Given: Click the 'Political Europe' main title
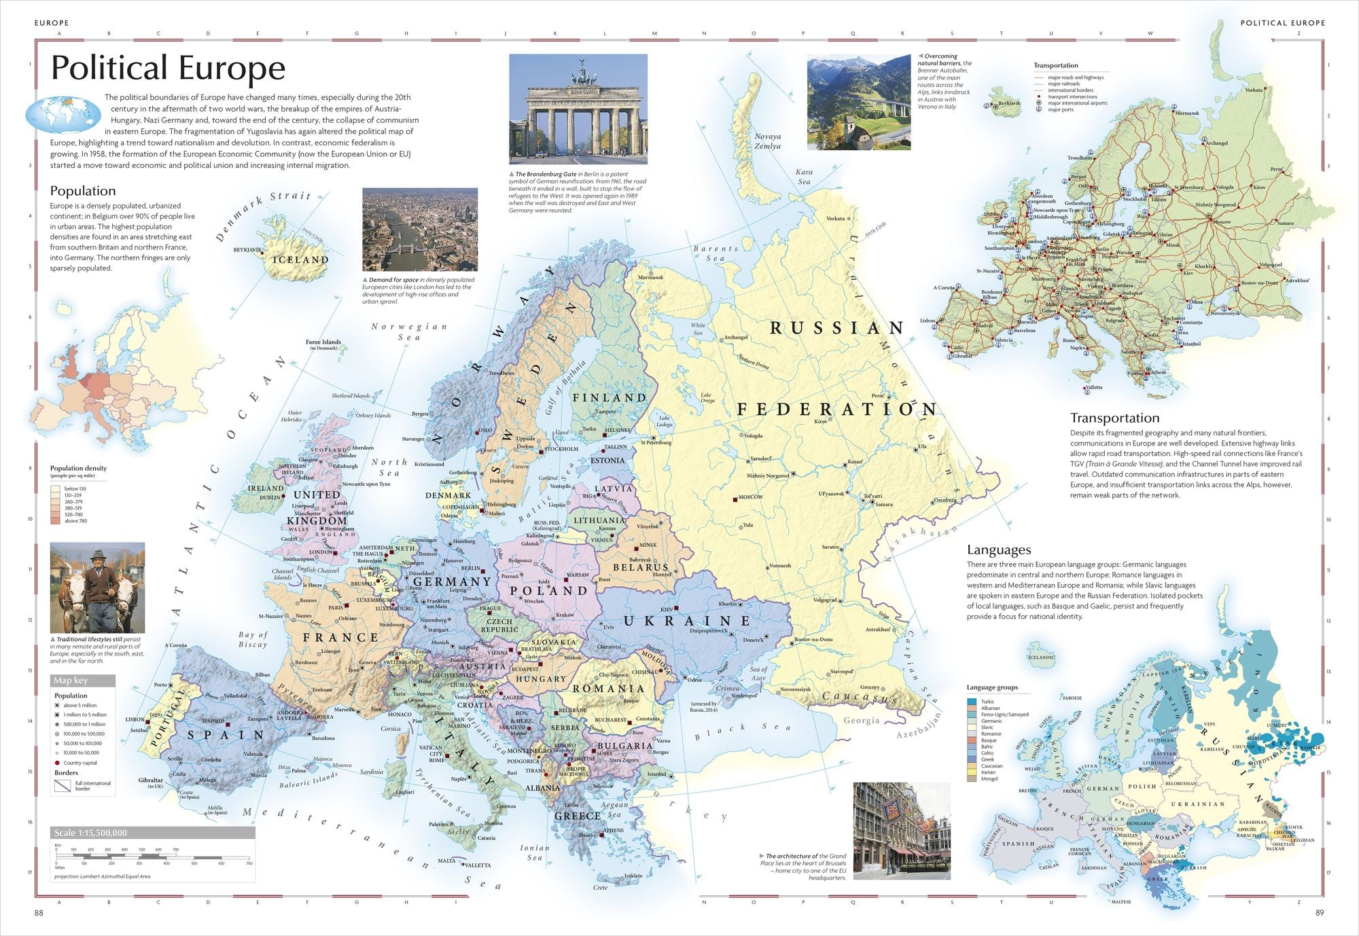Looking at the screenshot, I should (x=168, y=68).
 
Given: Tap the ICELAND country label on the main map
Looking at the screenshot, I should (x=300, y=259).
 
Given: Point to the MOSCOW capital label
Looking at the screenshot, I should (x=751, y=497).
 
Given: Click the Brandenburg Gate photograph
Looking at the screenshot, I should (x=578, y=109).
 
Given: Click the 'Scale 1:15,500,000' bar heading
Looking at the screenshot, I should (x=91, y=833).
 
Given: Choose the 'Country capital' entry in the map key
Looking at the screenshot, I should (x=81, y=763).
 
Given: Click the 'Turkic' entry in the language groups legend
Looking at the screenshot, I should (x=987, y=702).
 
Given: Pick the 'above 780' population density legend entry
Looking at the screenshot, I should (x=75, y=521).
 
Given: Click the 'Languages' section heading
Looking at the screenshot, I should (x=999, y=550).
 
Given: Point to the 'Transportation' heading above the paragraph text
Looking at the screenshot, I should (x=1114, y=418).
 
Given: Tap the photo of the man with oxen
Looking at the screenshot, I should (x=97, y=588).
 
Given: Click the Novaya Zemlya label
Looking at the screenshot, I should (x=767, y=141).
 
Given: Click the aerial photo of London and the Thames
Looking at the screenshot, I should (x=419, y=230).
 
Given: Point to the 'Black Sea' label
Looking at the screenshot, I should (x=742, y=731).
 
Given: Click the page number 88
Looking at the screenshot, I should (x=39, y=913).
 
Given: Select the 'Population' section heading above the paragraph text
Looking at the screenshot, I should (x=83, y=191).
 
